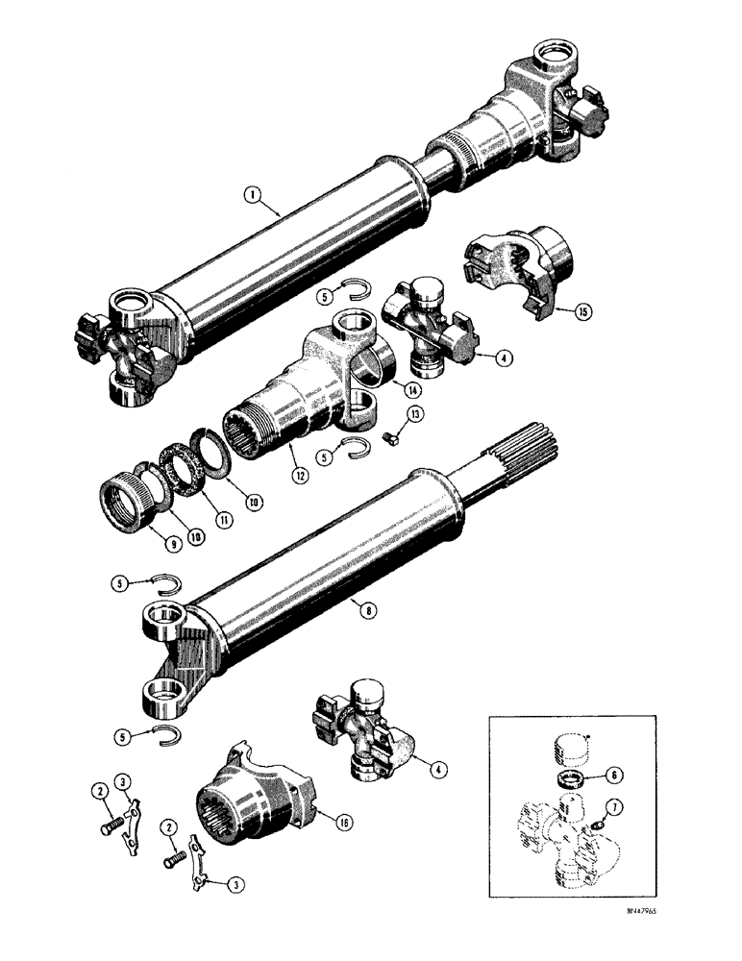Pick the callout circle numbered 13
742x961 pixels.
(x=389, y=413)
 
